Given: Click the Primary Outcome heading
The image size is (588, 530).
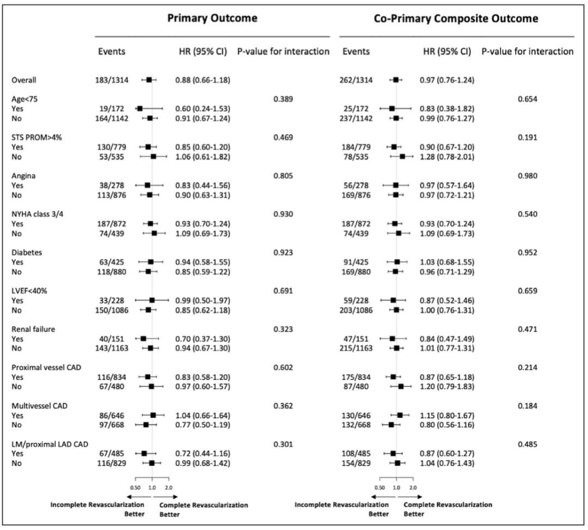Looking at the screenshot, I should [212, 19].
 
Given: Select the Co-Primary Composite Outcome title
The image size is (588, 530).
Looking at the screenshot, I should [456, 19].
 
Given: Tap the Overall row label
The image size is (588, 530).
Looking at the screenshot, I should [24, 80].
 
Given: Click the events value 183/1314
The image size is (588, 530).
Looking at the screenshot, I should [111, 80].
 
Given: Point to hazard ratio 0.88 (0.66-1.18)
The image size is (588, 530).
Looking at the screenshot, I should [203, 80].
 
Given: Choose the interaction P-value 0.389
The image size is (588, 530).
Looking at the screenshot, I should [283, 99].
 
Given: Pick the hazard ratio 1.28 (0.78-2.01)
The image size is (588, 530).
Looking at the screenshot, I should [446, 157].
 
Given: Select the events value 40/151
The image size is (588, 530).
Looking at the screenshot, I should [111, 339].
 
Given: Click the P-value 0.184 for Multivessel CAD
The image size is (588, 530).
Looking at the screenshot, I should [528, 406].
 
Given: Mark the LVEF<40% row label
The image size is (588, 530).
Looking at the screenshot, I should [29, 291].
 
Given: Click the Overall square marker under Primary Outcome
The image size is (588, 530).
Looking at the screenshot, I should [149, 80].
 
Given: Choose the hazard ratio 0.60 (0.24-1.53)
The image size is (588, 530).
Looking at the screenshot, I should [203, 109].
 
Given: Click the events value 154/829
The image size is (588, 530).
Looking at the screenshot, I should [356, 463].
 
